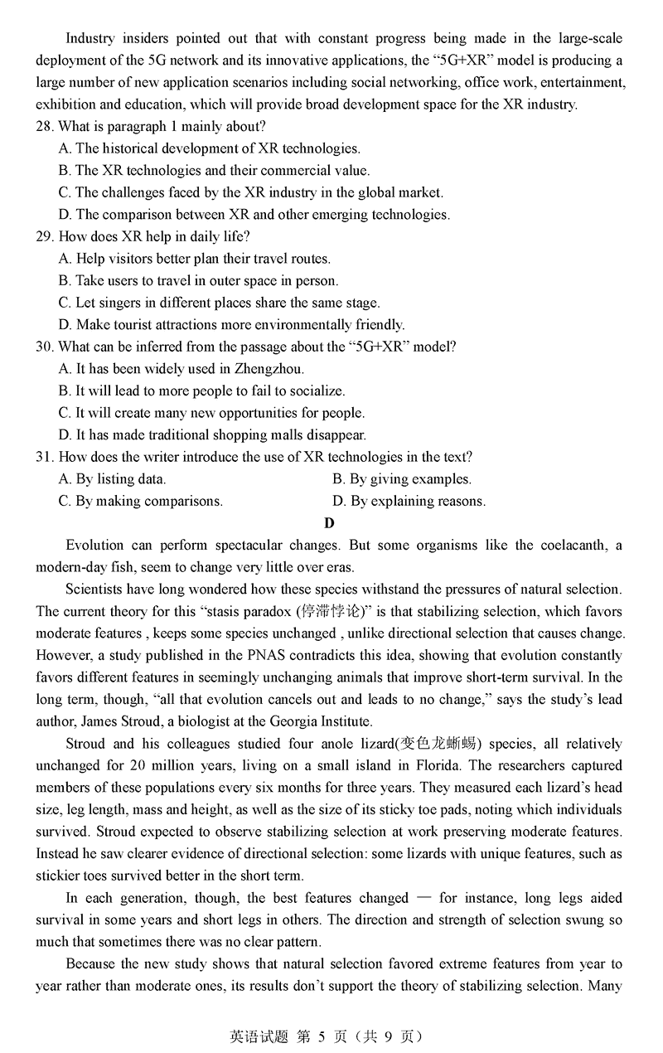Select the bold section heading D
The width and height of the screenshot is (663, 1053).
[330, 522]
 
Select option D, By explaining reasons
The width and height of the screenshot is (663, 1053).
[409, 501]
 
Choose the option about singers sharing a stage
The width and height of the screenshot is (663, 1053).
[219, 303]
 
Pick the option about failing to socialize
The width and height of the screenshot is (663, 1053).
[201, 391]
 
